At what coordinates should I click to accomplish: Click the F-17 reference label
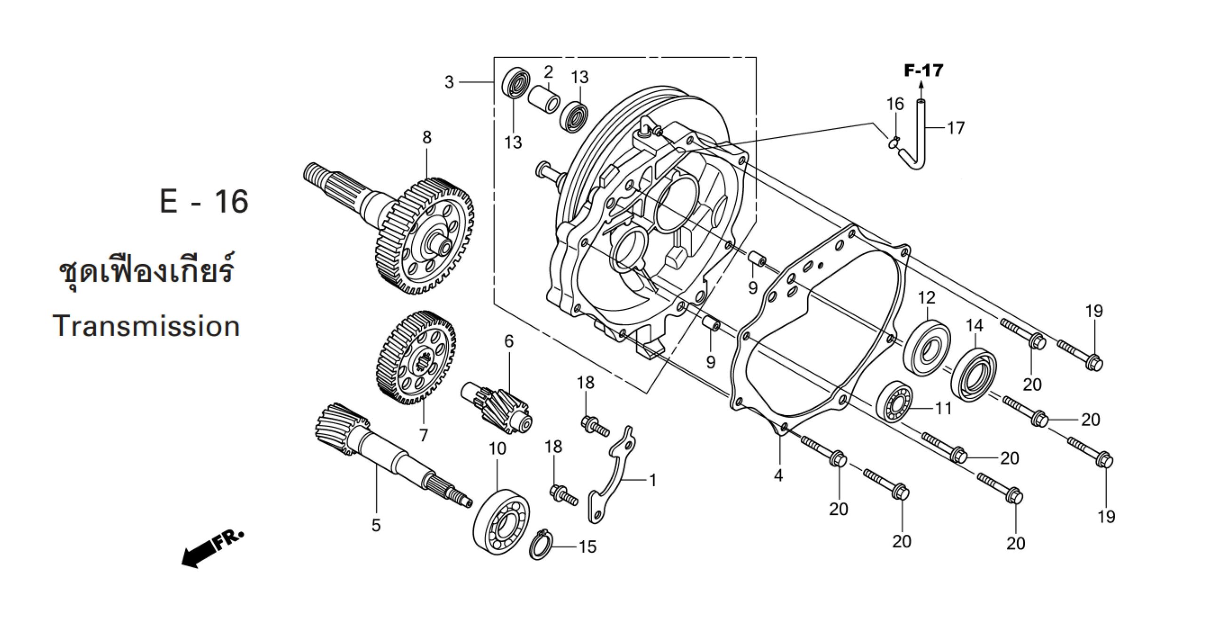click(924, 71)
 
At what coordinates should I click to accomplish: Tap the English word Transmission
click(146, 326)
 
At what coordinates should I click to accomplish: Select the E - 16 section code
click(204, 201)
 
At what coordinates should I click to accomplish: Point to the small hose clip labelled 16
click(894, 142)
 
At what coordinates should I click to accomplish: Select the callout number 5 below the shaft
click(376, 525)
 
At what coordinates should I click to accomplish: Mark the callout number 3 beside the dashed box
click(449, 82)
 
